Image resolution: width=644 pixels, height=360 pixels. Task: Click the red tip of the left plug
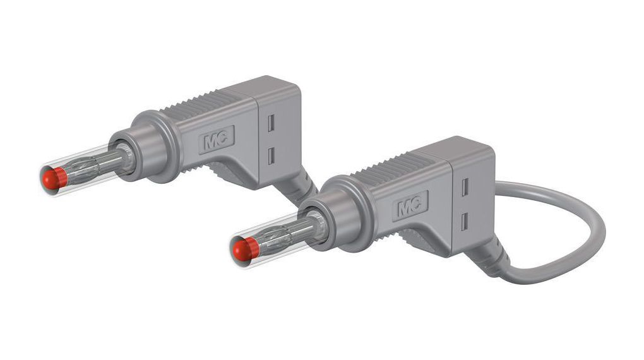[x=54, y=179]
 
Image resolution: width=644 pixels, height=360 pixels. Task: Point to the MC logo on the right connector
[x=410, y=206]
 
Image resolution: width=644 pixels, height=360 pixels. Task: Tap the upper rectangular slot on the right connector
[x=465, y=188]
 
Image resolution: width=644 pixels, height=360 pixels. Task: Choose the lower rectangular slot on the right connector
[x=465, y=220]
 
